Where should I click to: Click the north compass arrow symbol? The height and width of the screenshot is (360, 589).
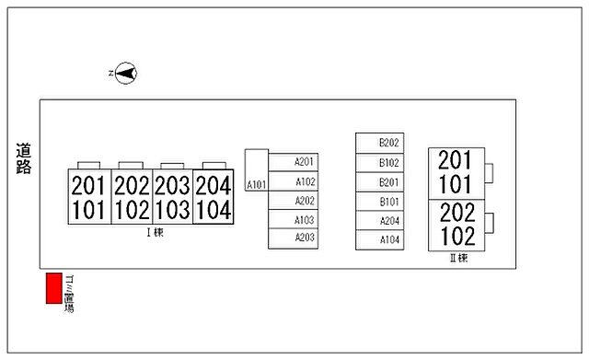point(126,74)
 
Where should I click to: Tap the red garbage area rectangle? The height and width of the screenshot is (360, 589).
point(54,288)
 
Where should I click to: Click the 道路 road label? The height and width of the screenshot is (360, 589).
point(23,158)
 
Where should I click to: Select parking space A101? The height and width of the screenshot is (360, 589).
point(257,170)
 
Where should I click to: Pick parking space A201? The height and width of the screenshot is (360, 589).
point(293,162)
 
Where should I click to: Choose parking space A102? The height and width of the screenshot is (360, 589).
point(293,181)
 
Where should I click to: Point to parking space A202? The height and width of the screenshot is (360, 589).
point(293,201)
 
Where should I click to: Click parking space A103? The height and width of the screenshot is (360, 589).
point(293,219)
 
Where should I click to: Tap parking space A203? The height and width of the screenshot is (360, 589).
point(293,238)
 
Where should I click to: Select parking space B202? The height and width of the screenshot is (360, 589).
point(380,143)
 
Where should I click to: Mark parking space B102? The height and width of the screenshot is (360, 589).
point(380,163)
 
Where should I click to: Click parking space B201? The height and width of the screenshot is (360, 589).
point(380,182)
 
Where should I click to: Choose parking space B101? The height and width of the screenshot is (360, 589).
point(380,202)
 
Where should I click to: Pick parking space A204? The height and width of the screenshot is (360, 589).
point(380,221)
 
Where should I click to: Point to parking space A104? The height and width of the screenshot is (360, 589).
point(380,240)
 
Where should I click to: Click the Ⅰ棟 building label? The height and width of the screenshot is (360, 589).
point(155,232)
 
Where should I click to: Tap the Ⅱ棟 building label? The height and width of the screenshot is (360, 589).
point(458,258)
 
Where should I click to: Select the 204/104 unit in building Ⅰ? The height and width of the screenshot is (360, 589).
point(213,197)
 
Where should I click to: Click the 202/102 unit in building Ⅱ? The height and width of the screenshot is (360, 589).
point(456,226)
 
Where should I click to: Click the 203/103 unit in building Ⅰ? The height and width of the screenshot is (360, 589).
point(172,197)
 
